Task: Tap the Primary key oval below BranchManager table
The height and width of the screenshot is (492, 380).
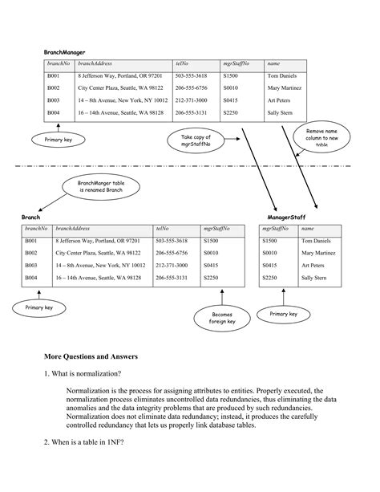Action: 58,140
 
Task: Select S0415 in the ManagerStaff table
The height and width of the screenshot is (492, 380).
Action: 270,264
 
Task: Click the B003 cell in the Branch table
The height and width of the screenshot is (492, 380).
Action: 31,264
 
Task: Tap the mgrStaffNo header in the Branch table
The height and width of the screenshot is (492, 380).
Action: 217,228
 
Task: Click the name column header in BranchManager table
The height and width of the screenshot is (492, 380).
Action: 273,63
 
